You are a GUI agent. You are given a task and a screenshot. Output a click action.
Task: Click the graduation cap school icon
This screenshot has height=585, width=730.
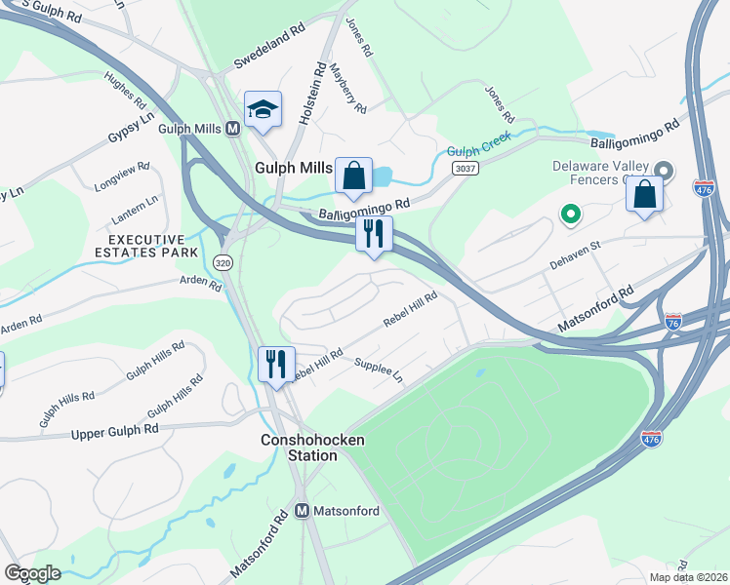[x=263, y=110]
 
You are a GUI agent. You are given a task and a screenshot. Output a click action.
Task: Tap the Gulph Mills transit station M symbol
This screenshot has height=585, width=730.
[x=233, y=129]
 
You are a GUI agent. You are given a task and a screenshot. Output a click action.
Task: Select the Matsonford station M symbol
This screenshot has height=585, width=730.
[x=303, y=511]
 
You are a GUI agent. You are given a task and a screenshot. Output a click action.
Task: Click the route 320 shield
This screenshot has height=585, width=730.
[x=222, y=261]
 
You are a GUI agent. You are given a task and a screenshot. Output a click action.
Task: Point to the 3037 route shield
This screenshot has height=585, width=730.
[x=465, y=169]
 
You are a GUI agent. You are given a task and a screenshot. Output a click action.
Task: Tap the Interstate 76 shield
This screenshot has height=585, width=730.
[x=672, y=320]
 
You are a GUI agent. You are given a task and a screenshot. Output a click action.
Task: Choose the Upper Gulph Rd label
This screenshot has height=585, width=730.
[x=114, y=430]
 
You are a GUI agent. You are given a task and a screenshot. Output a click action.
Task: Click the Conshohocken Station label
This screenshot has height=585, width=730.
[x=312, y=448]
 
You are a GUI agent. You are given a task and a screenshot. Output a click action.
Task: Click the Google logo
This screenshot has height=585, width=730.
[x=32, y=573]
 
